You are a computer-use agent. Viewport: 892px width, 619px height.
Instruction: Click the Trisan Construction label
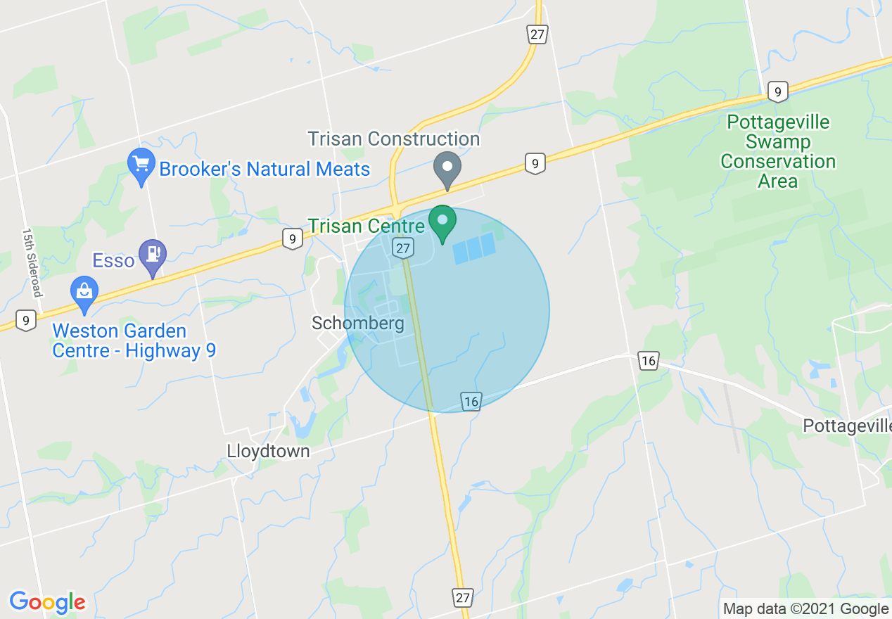click(394, 139)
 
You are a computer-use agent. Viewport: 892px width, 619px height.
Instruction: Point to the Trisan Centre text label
click(367, 226)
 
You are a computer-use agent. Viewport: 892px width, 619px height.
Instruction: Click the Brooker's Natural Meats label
click(265, 170)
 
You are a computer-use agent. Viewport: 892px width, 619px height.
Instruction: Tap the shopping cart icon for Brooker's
click(141, 165)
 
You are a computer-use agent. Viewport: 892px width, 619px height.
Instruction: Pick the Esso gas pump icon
click(153, 257)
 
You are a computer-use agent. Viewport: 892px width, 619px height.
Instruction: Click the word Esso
click(113, 261)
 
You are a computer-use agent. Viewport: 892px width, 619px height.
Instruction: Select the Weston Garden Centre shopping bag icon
click(84, 295)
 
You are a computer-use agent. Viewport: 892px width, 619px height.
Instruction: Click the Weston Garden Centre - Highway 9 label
click(134, 340)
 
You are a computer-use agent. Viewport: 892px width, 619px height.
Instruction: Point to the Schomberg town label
click(358, 323)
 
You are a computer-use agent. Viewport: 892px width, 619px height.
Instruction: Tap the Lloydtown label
click(268, 451)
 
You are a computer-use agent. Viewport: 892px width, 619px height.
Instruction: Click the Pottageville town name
click(847, 426)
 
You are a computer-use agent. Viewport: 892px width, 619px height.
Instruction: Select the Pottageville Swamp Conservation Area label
click(778, 152)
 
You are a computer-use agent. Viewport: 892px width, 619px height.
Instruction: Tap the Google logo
click(47, 602)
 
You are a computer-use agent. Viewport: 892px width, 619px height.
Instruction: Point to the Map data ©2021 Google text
click(806, 609)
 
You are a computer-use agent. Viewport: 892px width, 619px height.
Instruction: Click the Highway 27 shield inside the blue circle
click(402, 248)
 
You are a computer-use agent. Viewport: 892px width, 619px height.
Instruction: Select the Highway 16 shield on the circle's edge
click(471, 402)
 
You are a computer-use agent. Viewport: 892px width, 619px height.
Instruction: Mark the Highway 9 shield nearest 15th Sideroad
click(25, 321)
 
